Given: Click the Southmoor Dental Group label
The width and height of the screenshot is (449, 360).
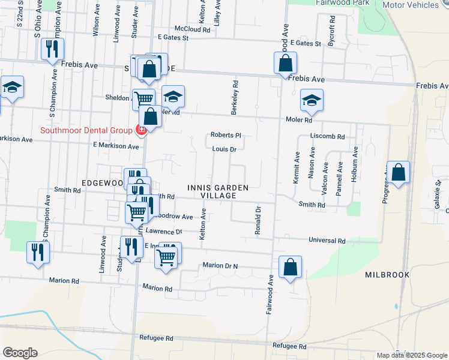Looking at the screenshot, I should tap(86, 130).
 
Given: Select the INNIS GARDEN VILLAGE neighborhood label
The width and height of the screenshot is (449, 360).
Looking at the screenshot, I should tap(217, 191).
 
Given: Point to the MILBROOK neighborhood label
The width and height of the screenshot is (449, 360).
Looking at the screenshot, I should tap(387, 274).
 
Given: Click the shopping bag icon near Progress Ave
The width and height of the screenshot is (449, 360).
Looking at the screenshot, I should tap(398, 173).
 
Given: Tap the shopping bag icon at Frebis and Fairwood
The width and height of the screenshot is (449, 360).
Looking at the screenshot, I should tap(285, 63).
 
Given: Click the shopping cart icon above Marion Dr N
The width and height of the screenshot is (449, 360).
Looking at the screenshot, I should tap(167, 256).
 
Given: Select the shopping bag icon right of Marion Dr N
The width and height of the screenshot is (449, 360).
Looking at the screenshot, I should tap(290, 268).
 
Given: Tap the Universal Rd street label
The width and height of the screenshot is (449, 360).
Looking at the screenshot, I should tap(327, 241).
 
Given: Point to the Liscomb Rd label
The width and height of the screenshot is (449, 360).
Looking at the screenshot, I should tap(328, 136).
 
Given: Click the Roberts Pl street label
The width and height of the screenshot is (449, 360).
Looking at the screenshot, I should tap(225, 135).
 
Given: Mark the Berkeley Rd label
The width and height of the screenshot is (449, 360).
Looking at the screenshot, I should tap(235, 97).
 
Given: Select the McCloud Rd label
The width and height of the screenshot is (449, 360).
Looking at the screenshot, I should tap(193, 29).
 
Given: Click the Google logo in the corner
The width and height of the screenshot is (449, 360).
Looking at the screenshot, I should tap(20, 353).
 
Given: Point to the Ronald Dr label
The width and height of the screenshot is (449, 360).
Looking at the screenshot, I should tap(258, 220).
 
